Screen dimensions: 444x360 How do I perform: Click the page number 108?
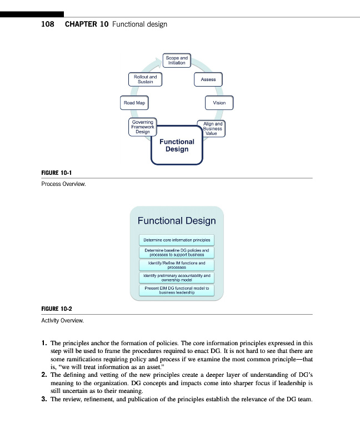click(48, 24)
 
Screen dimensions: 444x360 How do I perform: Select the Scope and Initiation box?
click(177, 60)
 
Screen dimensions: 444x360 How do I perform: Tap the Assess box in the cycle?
click(208, 79)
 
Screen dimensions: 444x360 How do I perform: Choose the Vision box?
click(219, 103)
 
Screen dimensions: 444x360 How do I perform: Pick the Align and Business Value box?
click(211, 129)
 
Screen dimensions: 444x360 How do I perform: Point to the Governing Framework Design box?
click(142, 127)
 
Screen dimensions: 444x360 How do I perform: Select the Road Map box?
click(134, 103)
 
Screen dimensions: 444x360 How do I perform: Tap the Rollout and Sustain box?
click(145, 79)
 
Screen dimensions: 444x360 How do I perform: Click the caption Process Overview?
click(63, 184)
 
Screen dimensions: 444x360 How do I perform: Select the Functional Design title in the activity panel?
click(177, 221)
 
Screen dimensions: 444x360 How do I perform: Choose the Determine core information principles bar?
click(177, 240)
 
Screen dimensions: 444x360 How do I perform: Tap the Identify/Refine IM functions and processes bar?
click(177, 265)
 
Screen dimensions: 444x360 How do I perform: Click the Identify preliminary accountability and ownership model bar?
click(177, 278)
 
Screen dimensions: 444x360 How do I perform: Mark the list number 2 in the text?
click(44, 375)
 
